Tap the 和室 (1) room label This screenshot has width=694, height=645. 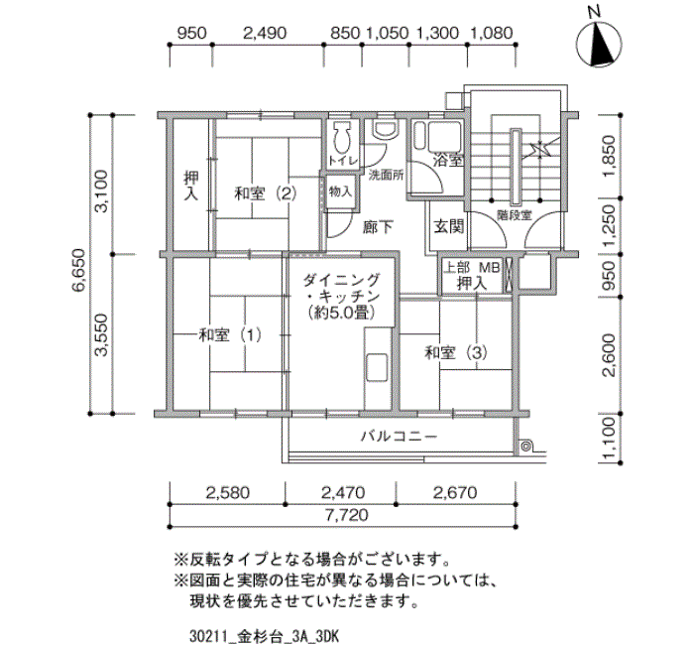click(x=230, y=334)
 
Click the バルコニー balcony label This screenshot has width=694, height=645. click(x=398, y=436)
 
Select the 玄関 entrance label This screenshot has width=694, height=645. click(x=448, y=225)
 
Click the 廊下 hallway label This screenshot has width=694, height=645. click(x=377, y=225)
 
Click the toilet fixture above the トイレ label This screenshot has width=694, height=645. click(x=342, y=135)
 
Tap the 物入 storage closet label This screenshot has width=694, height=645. click(x=340, y=192)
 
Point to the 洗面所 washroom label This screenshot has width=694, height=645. click(x=387, y=176)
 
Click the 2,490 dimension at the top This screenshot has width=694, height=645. click(x=264, y=32)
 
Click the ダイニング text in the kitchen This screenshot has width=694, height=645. click(x=342, y=280)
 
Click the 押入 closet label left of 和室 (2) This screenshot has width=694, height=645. click(x=190, y=186)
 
